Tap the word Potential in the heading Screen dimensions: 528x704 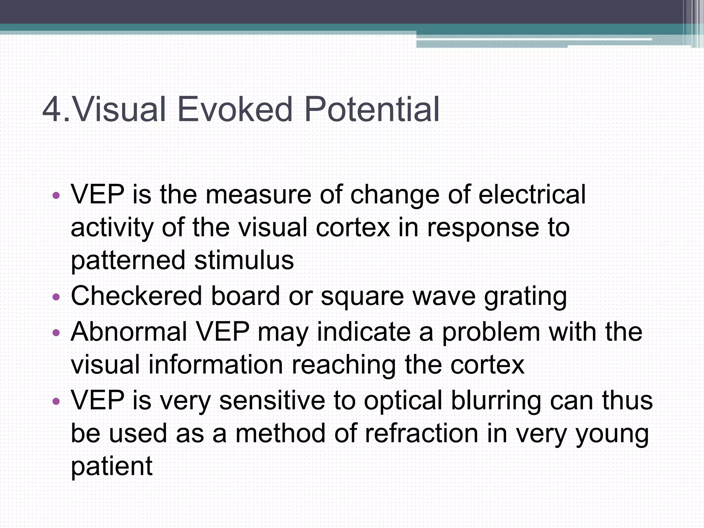click(x=372, y=109)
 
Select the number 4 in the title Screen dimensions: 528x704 click(x=52, y=109)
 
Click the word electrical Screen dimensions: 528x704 click(x=532, y=195)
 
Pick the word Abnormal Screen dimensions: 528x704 click(x=129, y=331)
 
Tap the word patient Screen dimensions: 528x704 click(x=111, y=467)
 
